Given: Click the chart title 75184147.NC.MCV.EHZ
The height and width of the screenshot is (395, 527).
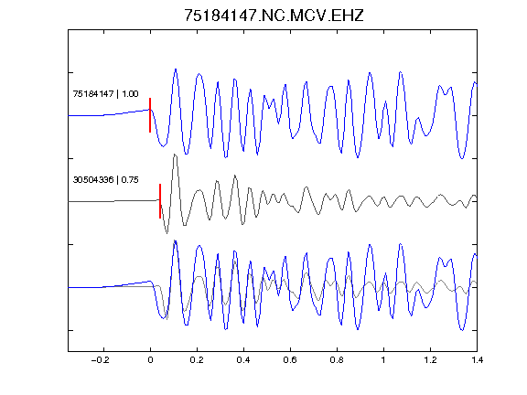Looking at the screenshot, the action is coord(274,16).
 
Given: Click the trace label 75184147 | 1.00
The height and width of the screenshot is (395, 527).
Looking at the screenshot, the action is coord(105,93).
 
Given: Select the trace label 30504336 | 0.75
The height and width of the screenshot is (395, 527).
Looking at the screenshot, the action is coord(105,180).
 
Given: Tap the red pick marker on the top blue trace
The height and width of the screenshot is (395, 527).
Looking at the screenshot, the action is coord(150,115).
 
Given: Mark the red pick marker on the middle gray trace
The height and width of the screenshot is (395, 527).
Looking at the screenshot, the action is coord(160,201).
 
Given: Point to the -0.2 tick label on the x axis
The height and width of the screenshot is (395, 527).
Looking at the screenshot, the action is coord(101,360).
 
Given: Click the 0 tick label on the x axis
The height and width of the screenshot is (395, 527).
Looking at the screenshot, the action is coord(150,360).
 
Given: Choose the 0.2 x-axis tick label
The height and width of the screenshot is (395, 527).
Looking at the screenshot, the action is coord(197,360).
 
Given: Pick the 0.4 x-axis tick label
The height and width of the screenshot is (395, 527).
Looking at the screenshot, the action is coord(243,360).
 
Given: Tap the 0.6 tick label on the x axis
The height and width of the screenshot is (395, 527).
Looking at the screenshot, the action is coord(290,360).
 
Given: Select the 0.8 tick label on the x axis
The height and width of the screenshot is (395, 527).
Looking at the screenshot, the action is coord(337,360).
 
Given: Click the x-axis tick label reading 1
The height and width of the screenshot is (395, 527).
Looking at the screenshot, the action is coord(383,360).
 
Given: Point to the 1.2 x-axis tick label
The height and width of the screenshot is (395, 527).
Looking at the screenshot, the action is coord(430,360).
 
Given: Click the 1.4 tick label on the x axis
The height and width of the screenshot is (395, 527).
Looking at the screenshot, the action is coord(477,360).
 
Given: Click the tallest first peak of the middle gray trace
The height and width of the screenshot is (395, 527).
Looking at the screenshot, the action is coord(175,155).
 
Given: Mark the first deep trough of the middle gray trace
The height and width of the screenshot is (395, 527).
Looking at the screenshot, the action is coord(167,232).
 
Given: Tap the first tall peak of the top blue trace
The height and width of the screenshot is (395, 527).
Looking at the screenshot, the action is coord(176,69).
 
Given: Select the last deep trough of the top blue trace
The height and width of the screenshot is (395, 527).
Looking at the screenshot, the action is coord(462,158).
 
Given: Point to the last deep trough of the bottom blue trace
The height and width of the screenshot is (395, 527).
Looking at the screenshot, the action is coord(462,330).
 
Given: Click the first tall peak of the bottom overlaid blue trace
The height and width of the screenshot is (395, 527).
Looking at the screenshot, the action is coord(176,241).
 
